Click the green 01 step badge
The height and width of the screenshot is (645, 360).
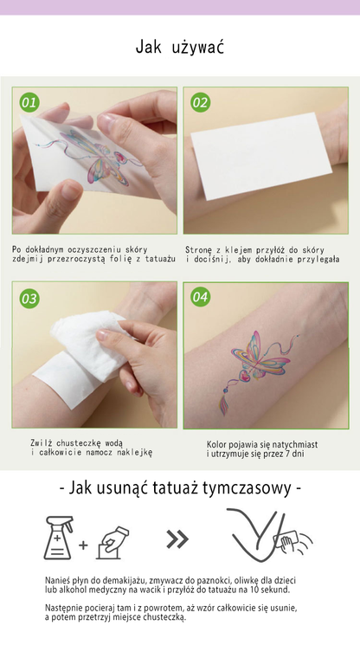pyautogui.click(x=29, y=102)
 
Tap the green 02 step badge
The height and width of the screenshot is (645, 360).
pyautogui.click(x=200, y=102)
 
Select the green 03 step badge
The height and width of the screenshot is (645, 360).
pyautogui.click(x=29, y=298)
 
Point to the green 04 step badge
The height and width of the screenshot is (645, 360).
pyautogui.click(x=200, y=297)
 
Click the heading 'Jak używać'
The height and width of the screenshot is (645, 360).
pyautogui.click(x=180, y=48)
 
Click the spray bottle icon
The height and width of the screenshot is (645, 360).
pyautogui.click(x=59, y=538)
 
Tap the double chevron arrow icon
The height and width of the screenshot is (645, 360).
pyautogui.click(x=177, y=539)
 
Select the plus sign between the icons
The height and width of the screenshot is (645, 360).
pyautogui.click(x=83, y=545)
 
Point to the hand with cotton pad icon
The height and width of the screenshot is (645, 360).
pyautogui.click(x=112, y=542)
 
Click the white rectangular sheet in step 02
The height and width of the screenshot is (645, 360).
pyautogui.click(x=262, y=156)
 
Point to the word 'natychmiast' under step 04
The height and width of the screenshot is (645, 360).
pyautogui.click(x=293, y=445)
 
